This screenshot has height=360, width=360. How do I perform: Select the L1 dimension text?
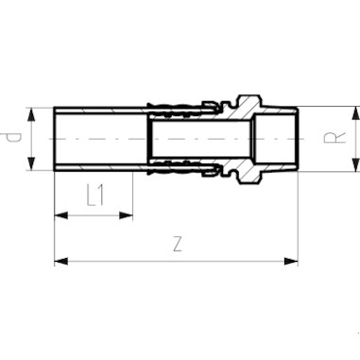point(94,197)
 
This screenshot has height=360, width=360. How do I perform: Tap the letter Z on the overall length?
point(177,244)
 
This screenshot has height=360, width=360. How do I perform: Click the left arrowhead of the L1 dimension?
point(60,214)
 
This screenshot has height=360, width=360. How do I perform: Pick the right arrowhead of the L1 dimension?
point(129,214)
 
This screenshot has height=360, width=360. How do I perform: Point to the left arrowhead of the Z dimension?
point(60,260)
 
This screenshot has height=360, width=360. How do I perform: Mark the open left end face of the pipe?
point(56,138)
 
